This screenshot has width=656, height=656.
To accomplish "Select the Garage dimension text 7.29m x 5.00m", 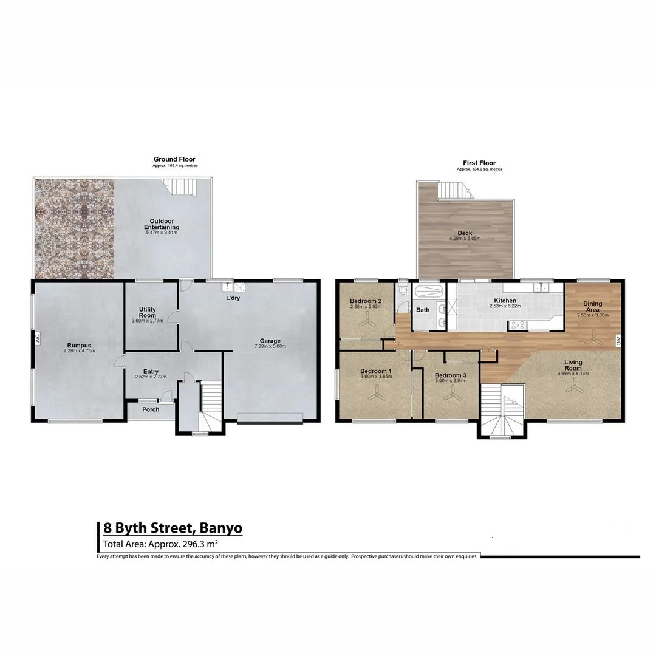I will [270, 346].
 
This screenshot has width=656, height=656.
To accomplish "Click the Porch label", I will [151, 409].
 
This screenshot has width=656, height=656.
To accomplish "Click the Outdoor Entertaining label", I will [162, 224].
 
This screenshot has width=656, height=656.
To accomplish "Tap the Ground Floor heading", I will [174, 159].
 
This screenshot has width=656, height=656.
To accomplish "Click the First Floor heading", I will [479, 163].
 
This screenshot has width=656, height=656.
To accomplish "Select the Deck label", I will [465, 233].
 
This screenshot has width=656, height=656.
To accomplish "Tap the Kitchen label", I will [505, 301].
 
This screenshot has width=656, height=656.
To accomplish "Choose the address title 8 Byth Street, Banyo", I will [173, 528].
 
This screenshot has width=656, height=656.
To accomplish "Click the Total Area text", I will [161, 544].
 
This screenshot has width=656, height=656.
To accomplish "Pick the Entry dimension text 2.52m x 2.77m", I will [151, 377].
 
